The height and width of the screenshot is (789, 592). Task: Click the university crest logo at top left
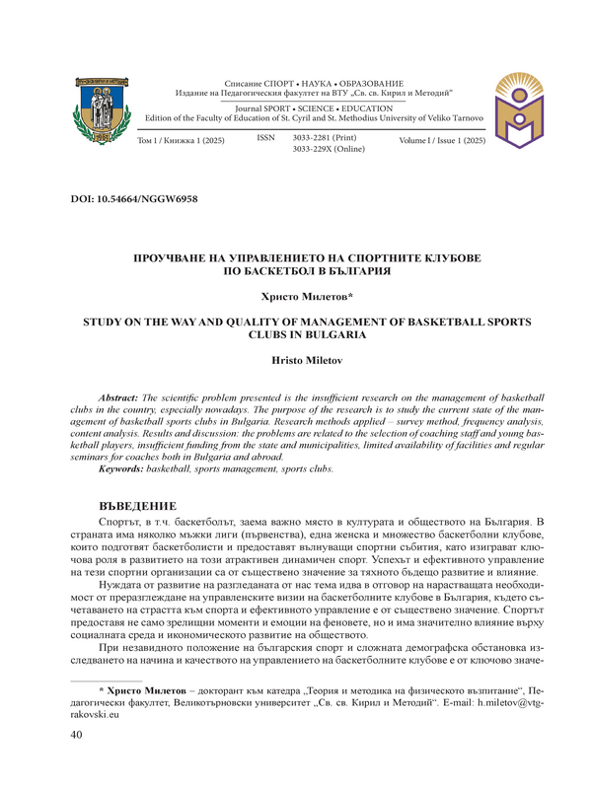click(x=97, y=109)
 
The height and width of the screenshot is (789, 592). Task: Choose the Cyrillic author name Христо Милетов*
click(x=295, y=295)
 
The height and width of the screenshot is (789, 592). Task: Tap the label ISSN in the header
click(x=265, y=139)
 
